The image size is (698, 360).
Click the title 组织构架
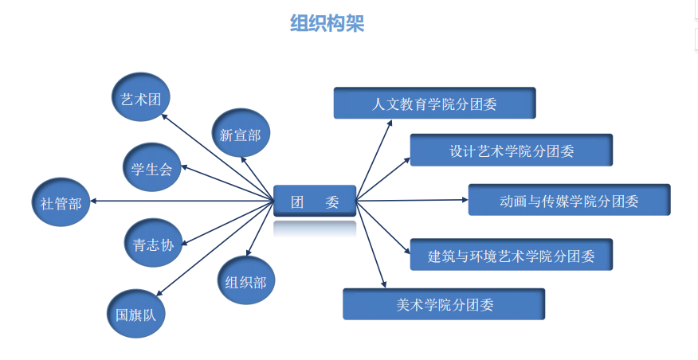(327, 25)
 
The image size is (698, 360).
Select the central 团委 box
(315, 202)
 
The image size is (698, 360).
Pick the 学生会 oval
(151, 168)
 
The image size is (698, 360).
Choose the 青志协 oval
(154, 245)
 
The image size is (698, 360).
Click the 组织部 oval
(245, 280)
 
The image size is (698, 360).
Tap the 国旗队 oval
(135, 314)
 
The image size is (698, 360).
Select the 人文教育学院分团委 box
(434, 103)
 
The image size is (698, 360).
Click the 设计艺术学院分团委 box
(511, 150)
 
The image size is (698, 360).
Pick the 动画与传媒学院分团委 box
(569, 200)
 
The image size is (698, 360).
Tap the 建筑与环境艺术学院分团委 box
(511, 256)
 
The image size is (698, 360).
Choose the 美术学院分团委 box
(444, 303)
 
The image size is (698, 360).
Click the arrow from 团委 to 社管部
(183, 202)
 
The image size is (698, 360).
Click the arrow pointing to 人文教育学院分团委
(374, 160)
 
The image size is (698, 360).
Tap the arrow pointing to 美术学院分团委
(371, 243)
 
